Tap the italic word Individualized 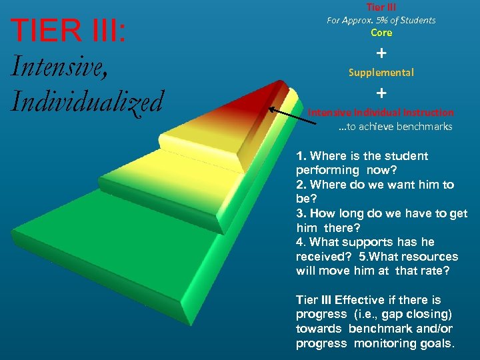[x=87, y=101]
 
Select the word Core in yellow [x=381, y=33]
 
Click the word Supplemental [x=381, y=72]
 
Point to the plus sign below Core [x=381, y=52]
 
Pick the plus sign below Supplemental [x=381, y=92]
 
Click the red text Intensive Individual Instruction [x=381, y=113]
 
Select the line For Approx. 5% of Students [x=381, y=20]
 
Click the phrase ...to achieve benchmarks [x=395, y=126]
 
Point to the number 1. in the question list [x=302, y=156]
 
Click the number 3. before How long [x=301, y=213]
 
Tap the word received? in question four [x=322, y=257]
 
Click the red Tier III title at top [x=381, y=7]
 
